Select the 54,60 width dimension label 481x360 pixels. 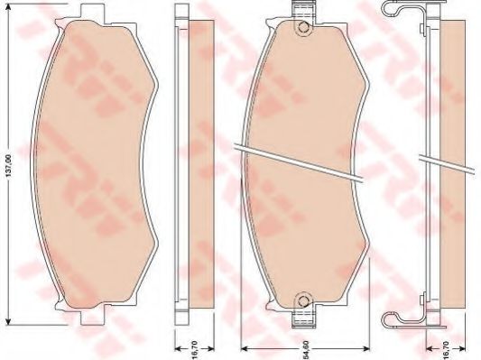pos(306,344)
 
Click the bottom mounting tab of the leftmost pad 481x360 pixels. pos(88,315)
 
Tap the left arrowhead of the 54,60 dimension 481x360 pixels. pos(245,349)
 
